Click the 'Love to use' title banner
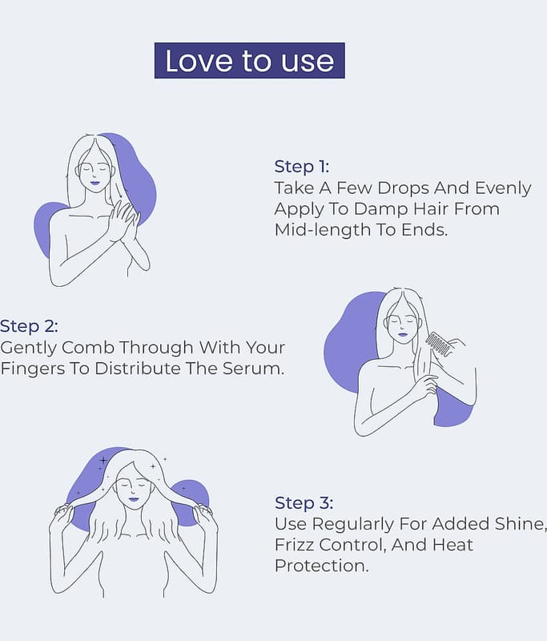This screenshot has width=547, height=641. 250,61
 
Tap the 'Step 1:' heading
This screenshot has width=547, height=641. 301,167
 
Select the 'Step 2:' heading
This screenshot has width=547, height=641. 29,326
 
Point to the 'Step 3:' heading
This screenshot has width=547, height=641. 304,503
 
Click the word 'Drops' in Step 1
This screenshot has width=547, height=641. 403,188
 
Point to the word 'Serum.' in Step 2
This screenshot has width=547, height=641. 253,369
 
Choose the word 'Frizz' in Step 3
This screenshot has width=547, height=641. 294,545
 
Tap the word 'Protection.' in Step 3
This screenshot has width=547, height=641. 321,566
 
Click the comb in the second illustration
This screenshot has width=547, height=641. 439,345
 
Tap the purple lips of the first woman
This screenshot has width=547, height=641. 95,183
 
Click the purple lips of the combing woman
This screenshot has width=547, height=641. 402,334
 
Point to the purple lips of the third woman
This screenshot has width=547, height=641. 134,499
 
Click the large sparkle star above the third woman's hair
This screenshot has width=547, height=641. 103,461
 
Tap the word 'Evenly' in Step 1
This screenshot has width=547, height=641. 503,188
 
